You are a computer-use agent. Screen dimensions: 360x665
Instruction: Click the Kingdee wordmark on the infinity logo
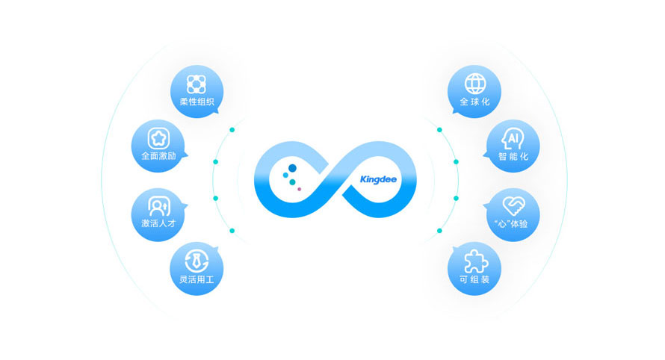(377, 179)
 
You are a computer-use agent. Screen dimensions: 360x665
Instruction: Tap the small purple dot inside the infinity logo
(300, 189)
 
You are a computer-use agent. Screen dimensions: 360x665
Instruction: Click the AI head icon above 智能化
(513, 138)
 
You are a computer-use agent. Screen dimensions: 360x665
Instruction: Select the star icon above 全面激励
(158, 137)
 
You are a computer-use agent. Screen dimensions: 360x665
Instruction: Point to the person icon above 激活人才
(158, 203)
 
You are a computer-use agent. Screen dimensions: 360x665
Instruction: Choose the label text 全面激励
(158, 157)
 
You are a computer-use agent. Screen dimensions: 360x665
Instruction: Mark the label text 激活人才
(158, 223)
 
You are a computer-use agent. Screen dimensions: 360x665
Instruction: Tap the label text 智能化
(513, 157)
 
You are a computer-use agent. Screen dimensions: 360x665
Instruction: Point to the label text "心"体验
(513, 223)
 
